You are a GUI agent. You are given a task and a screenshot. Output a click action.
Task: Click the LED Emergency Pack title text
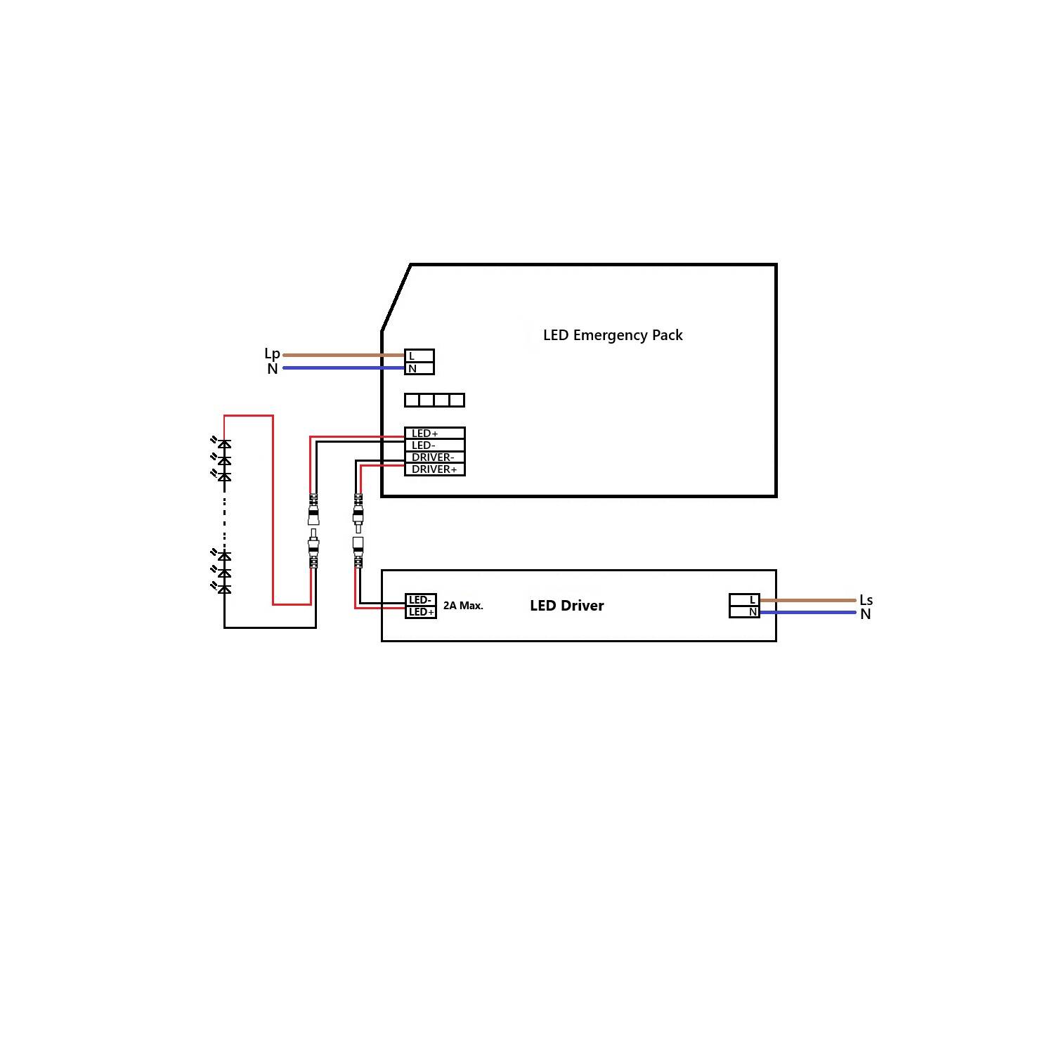(x=613, y=335)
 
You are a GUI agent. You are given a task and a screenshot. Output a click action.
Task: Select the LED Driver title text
(x=566, y=606)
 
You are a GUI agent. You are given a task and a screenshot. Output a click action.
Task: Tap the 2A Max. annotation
(x=463, y=606)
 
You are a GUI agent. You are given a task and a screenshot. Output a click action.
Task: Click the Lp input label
(x=272, y=353)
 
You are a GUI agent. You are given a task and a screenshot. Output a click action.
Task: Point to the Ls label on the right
(x=866, y=600)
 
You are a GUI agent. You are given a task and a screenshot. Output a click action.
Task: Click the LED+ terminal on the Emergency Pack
(x=434, y=434)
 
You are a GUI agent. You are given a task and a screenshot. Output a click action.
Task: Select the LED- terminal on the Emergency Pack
(x=434, y=445)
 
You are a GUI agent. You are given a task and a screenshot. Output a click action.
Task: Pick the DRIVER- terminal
(x=434, y=457)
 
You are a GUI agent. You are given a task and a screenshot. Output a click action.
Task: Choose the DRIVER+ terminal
(x=434, y=469)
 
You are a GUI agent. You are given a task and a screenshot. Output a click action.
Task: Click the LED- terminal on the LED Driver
(x=420, y=600)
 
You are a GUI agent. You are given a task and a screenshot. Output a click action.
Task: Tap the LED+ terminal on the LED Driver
(x=420, y=612)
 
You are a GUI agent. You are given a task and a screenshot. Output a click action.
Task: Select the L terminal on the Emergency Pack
(x=419, y=356)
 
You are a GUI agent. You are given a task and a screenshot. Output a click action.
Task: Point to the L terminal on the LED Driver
(x=744, y=600)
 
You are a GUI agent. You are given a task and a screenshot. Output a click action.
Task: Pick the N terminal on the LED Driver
(x=744, y=612)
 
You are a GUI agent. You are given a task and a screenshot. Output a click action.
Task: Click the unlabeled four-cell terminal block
(x=434, y=400)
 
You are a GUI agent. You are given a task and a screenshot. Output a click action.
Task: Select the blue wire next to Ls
(x=808, y=612)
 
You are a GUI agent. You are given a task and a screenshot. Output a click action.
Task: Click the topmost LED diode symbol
(x=224, y=444)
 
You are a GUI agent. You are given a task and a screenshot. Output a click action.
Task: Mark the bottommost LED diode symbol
(x=224, y=589)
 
